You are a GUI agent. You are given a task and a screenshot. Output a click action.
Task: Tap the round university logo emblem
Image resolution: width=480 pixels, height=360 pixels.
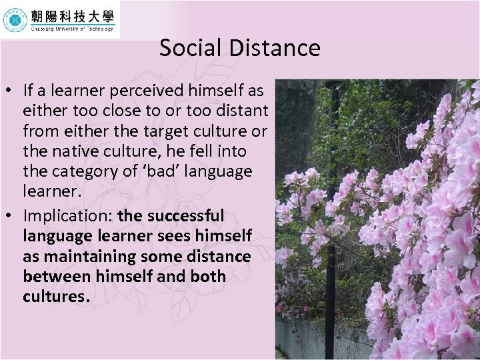(14, 20)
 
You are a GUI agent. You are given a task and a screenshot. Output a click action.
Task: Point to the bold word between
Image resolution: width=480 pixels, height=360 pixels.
(55, 277)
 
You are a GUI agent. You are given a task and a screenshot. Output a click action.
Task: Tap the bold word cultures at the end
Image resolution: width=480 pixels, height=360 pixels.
(54, 297)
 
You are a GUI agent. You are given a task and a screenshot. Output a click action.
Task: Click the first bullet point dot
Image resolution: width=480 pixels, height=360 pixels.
(10, 91)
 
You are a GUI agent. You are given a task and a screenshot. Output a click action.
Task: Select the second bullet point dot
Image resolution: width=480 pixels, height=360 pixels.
(10, 217)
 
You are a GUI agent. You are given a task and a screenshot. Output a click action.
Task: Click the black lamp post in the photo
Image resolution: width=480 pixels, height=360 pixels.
(331, 200)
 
